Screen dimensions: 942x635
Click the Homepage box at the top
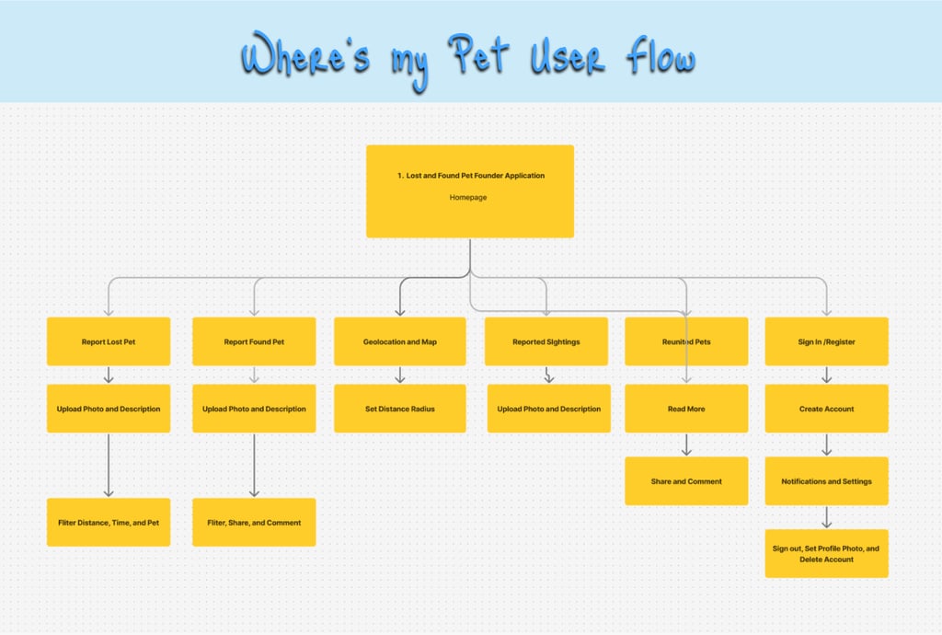[469, 190]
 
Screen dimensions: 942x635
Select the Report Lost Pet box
[109, 341]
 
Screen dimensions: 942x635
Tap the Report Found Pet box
[254, 341]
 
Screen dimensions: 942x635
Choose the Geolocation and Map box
[399, 341]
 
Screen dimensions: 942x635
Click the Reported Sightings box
[546, 341]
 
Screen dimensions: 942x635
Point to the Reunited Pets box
[686, 341]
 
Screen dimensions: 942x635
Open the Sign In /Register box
[826, 341]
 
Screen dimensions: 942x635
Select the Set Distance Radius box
[399, 409]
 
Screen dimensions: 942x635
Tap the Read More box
[686, 409]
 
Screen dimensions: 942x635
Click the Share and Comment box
[686, 481]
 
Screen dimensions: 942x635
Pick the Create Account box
[826, 409]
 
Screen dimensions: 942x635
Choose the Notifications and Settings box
[826, 481]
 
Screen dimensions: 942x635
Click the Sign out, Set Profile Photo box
[826, 553]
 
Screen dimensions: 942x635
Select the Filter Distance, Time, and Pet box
[109, 523]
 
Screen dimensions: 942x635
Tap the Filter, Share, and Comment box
[254, 523]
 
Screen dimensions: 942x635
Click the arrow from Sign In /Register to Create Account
[826, 375]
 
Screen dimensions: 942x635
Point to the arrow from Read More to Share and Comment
[686, 444]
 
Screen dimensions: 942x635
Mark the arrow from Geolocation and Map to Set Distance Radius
[399, 375]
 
